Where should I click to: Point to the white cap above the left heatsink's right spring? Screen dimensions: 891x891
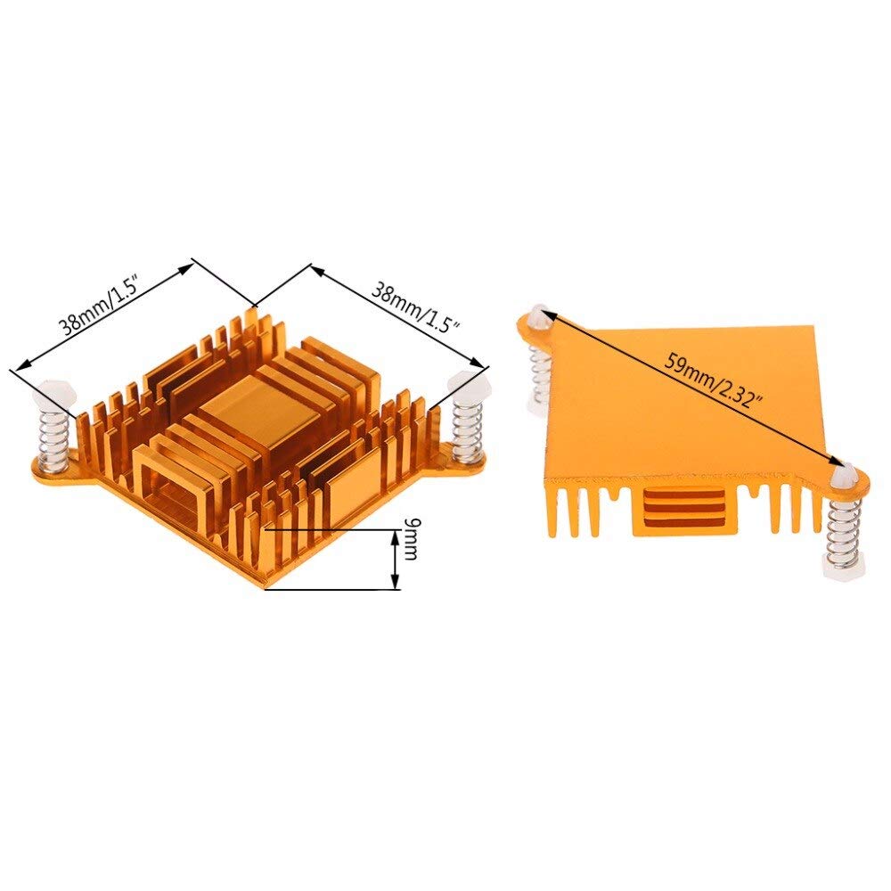469,386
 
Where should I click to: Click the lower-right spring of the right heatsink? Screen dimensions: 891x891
841,532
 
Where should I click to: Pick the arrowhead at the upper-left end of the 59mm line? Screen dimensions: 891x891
544,315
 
